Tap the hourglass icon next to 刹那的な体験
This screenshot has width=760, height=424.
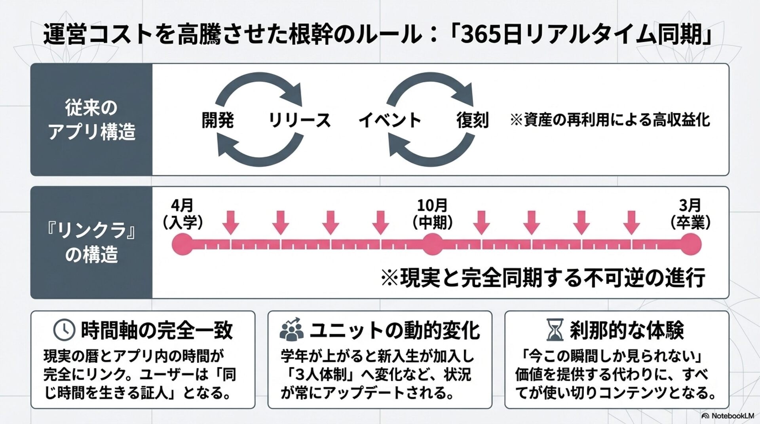pyautogui.click(x=555, y=330)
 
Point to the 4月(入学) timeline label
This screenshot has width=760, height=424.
pyautogui.click(x=182, y=214)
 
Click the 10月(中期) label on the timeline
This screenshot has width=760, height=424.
pyautogui.click(x=432, y=214)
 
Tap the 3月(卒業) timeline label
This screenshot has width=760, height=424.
pyautogui.click(x=690, y=214)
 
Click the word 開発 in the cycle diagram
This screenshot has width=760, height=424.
pyautogui.click(x=218, y=120)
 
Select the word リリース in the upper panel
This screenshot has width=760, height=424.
pyautogui.click(x=300, y=120)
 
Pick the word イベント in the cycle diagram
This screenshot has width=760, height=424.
pyautogui.click(x=389, y=120)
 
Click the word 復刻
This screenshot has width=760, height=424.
pyautogui.click(x=472, y=120)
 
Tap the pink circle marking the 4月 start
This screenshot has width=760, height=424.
pyautogui.click(x=182, y=244)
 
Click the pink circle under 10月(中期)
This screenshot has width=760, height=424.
pyautogui.click(x=432, y=244)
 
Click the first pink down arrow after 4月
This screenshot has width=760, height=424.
pyautogui.click(x=231, y=222)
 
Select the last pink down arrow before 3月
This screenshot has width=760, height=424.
pyautogui.click(x=631, y=222)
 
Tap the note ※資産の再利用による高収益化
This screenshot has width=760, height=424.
pyautogui.click(x=610, y=120)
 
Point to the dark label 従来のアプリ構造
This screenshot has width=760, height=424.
pyautogui.click(x=91, y=119)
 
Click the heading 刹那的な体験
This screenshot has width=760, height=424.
pyautogui.click(x=627, y=330)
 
